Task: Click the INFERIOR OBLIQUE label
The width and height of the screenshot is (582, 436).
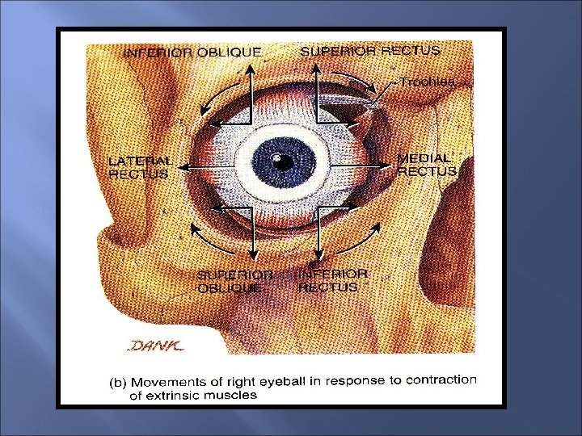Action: (x=192, y=52)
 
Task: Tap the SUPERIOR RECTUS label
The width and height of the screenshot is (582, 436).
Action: (x=369, y=50)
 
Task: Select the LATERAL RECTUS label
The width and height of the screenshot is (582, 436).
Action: (x=139, y=167)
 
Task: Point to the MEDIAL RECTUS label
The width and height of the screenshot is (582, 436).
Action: (x=427, y=164)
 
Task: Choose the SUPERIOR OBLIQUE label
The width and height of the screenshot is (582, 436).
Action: (x=234, y=281)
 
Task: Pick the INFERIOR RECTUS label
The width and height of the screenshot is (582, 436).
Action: (x=333, y=279)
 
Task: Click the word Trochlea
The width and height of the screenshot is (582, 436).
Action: (x=428, y=82)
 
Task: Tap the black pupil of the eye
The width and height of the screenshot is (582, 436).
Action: (x=284, y=161)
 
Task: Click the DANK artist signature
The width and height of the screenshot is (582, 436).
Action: (x=156, y=346)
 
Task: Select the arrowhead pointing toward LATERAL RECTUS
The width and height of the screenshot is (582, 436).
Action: (x=181, y=167)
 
